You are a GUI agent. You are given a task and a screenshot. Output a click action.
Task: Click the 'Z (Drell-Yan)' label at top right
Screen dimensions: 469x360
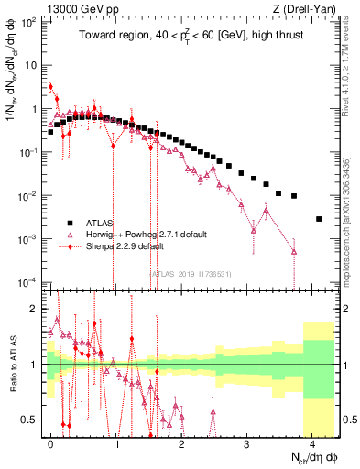pos(301,8)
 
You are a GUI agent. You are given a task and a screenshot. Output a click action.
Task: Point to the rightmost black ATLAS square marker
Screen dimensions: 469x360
pos(318,219)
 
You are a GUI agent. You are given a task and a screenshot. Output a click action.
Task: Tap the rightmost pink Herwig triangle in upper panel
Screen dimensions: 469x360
pos(294,252)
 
